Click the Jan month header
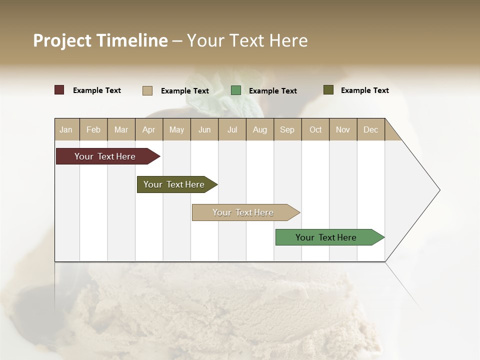pyautogui.click(x=66, y=129)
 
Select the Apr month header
pyautogui.click(x=149, y=129)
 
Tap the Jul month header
pyautogui.click(x=232, y=129)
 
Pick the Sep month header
pyautogui.click(x=287, y=129)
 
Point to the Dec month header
pyautogui.click(x=370, y=129)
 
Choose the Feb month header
pyautogui.click(x=93, y=129)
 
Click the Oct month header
pyautogui.click(x=315, y=129)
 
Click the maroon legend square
pyautogui.click(x=59, y=90)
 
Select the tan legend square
pyautogui.click(x=147, y=90)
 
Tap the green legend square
pyautogui.click(x=236, y=90)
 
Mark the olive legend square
pyautogui.click(x=328, y=90)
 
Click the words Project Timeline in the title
pyautogui.click(x=100, y=40)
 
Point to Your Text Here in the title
pyautogui.click(x=247, y=40)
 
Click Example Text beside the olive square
pyautogui.click(x=364, y=90)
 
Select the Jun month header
pyautogui.click(x=204, y=129)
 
